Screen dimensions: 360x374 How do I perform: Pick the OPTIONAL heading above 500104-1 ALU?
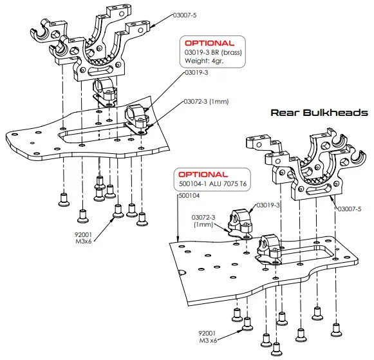point(203,175)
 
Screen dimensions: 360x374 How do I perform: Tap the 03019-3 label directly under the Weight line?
point(196,73)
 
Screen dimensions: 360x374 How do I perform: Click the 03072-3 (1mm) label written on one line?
point(206,101)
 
